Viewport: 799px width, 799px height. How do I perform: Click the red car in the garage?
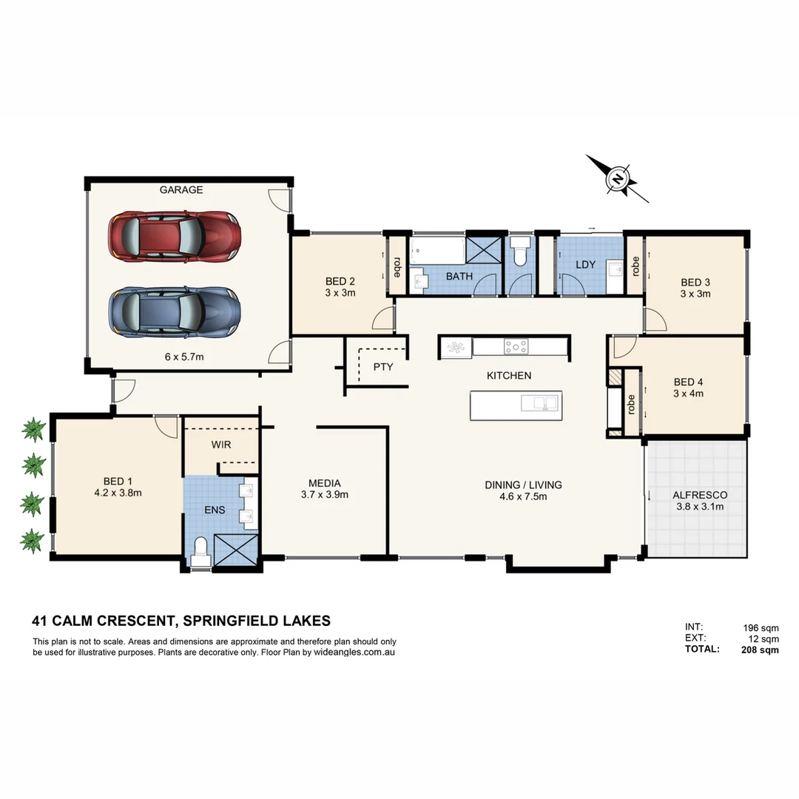(x=175, y=236)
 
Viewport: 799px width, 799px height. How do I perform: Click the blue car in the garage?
(x=175, y=312)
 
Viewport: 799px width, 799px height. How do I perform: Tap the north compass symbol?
(x=617, y=178)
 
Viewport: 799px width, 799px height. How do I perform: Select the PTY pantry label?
(x=383, y=367)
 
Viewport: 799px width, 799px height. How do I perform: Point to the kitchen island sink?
(x=540, y=403)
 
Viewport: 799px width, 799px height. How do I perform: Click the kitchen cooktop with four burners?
(x=516, y=345)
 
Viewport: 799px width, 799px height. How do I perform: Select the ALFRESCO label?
(x=700, y=495)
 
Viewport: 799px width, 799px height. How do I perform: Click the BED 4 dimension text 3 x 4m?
(x=688, y=394)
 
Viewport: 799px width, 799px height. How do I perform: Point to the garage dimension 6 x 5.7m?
(x=184, y=357)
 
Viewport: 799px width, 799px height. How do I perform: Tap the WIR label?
(x=221, y=445)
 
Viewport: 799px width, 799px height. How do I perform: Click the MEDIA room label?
(x=325, y=483)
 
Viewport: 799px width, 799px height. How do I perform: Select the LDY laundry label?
(x=586, y=265)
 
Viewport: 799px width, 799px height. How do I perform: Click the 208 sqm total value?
(x=760, y=650)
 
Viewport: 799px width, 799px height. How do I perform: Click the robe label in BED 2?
(x=397, y=266)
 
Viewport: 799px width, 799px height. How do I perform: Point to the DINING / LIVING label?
(x=523, y=485)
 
